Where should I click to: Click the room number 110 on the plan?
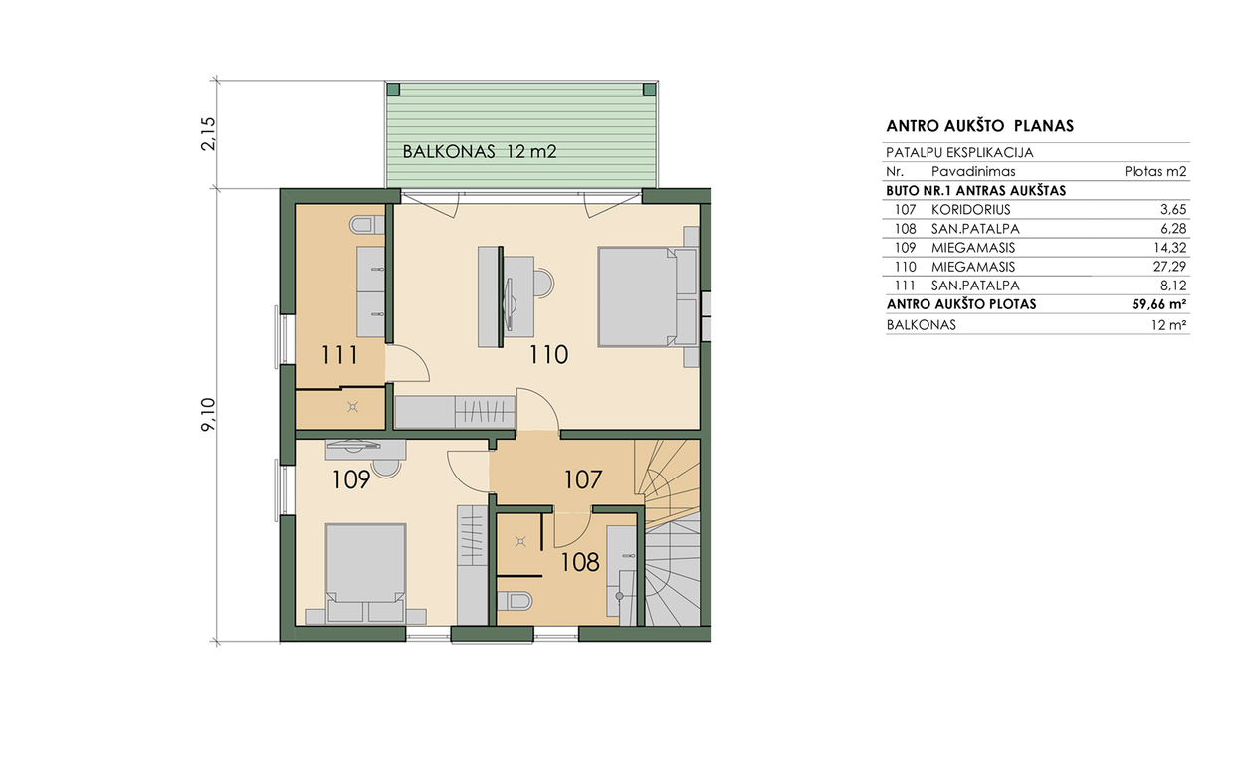[x=548, y=355]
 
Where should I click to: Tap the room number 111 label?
[x=340, y=355]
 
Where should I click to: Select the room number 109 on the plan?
[x=351, y=480]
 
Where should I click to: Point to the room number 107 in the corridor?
[x=582, y=480]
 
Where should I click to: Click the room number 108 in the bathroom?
[x=580, y=562]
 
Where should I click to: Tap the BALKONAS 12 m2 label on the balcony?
[x=479, y=152]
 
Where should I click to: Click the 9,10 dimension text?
[x=208, y=414]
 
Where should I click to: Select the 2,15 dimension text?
[x=208, y=134]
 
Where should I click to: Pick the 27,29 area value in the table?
[x=1169, y=267]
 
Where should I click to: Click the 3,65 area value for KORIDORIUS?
[x=1174, y=210]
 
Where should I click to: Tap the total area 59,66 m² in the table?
[x=1159, y=304]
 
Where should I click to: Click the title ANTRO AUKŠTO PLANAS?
[x=980, y=126]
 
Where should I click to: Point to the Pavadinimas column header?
[x=973, y=172]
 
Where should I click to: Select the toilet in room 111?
[x=367, y=225]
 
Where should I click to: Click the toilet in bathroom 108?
[x=515, y=600]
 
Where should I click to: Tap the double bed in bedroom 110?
[x=647, y=297]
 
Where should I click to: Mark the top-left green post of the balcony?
[x=393, y=90]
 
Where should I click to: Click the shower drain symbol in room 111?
[x=352, y=408]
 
